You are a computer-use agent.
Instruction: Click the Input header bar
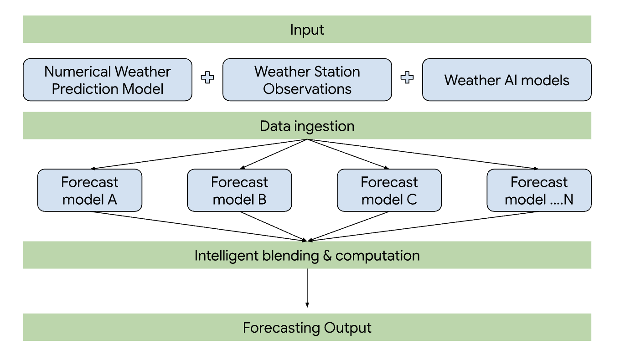point(307,30)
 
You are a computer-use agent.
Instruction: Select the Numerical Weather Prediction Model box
point(108,80)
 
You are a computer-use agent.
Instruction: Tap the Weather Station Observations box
point(307,80)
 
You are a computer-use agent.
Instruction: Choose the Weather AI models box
point(506,80)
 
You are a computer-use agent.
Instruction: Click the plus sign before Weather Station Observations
point(207,78)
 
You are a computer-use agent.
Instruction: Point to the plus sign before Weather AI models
point(407,78)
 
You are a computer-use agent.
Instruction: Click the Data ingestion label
point(307,126)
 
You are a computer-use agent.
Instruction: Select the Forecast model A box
point(90,190)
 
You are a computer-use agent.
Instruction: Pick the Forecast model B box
point(239,190)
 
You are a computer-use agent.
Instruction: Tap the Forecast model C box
point(389,190)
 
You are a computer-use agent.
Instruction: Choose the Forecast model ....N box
point(539,190)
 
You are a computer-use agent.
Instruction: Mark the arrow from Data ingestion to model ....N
point(422,154)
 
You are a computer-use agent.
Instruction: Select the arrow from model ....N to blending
point(422,226)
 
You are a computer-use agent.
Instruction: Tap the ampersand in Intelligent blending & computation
point(327,255)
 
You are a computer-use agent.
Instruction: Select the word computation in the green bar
point(377,255)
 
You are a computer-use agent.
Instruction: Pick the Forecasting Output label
point(307,328)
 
